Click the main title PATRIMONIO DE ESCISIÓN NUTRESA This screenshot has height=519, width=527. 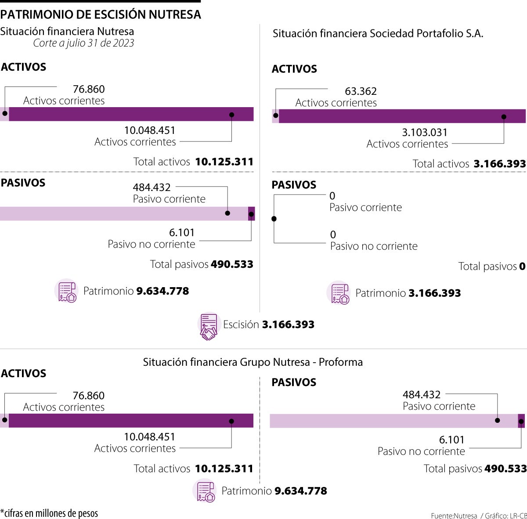pos(101,14)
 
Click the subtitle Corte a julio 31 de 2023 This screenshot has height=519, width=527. pos(83,43)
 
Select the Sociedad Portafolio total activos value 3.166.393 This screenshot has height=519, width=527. pos(499,164)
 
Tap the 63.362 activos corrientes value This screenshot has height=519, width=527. pos(361,91)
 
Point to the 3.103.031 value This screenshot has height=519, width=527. pos(425,133)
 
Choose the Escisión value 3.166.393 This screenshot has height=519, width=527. pos(288,325)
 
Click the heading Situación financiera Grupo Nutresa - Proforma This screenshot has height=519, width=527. pos(253,362)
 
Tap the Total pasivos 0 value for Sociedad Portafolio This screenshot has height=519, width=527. pos(522,267)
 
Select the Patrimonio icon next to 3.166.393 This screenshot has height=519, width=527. pos(339,293)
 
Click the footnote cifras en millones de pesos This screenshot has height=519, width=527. pos(49,513)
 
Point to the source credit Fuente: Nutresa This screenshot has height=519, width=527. pos(454,515)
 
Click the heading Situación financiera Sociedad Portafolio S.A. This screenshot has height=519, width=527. pos(378,34)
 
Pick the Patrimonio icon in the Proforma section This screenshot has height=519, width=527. pos(205,491)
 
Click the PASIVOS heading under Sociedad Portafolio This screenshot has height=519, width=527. pos(294,185)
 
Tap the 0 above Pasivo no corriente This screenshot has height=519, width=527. pos(333,235)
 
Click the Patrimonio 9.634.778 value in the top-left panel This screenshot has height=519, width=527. pos(162,291)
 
